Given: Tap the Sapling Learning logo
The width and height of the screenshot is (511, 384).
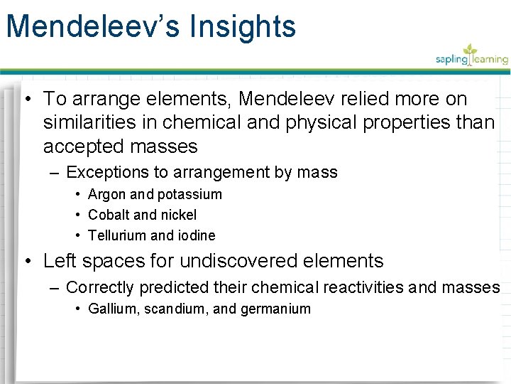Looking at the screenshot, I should click(471, 56).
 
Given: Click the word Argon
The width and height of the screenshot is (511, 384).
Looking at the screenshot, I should click(107, 194).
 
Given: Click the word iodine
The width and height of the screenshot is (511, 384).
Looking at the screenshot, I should click(197, 235).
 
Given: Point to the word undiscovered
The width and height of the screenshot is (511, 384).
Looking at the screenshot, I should click(238, 261).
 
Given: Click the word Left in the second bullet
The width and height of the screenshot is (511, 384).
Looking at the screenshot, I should click(57, 261).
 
